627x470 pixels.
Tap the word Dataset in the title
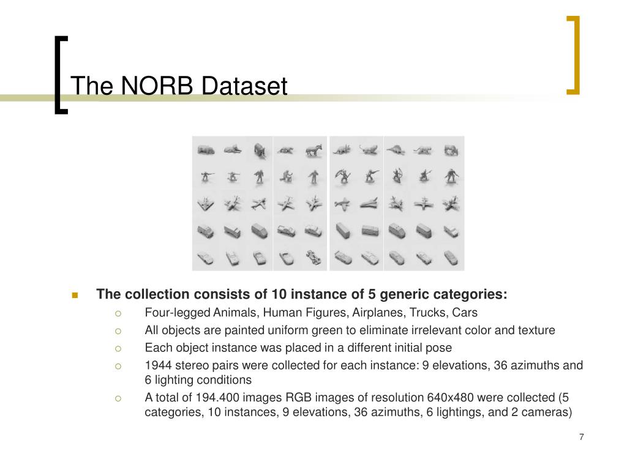coord(244,86)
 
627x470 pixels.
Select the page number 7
coord(582,437)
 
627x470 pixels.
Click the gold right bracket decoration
coord(576,54)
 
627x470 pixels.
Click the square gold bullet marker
coord(75,296)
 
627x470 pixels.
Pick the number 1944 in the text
coord(159,365)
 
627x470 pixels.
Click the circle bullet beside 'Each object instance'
coord(118,348)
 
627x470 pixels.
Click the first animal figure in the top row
coord(206,151)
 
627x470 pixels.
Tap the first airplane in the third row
coord(206,204)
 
